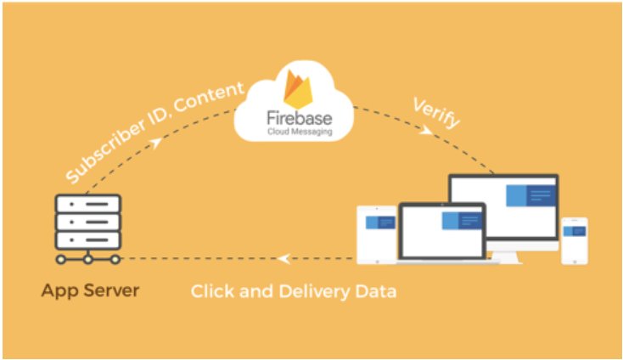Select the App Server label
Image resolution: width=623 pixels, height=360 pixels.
[x=90, y=291]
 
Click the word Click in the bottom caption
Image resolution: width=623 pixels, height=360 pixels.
[x=214, y=292]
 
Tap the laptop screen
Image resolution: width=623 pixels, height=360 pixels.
[x=441, y=231]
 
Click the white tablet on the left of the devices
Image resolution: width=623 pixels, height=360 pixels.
[x=378, y=233]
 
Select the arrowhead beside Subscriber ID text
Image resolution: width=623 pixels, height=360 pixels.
[x=156, y=143]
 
